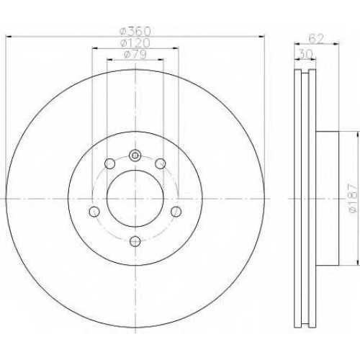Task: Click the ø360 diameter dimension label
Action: click(135, 31)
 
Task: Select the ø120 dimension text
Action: click(135, 43)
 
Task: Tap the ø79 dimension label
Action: click(135, 54)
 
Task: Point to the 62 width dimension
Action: click(316, 39)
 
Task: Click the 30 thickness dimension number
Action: click(305, 54)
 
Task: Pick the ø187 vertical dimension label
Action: click(353, 198)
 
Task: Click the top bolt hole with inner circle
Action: click(135, 156)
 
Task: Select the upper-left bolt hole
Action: click(110, 163)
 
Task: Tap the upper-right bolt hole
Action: click(161, 163)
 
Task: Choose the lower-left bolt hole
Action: click(94, 212)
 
